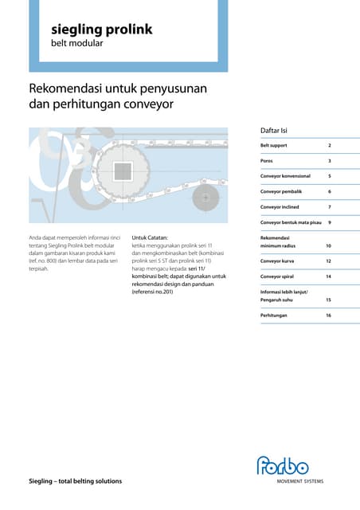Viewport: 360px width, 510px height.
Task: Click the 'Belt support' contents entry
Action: (x=274, y=146)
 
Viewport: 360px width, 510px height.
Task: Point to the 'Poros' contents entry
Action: (x=268, y=161)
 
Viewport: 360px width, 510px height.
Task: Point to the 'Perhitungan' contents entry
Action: (x=274, y=316)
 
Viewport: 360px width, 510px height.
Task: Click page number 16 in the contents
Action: (x=328, y=316)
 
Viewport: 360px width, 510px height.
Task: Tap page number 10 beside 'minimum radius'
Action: (x=328, y=245)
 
